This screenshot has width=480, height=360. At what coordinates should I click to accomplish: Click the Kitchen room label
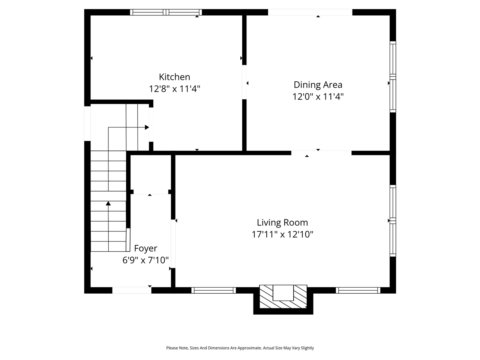tap(174, 77)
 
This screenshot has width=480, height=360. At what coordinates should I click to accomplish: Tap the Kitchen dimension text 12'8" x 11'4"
tap(174, 89)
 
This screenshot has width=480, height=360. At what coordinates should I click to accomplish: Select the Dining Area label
tap(318, 85)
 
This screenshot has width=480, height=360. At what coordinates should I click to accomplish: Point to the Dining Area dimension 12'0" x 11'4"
tap(318, 97)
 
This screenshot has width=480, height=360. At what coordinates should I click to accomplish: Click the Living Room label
tap(282, 222)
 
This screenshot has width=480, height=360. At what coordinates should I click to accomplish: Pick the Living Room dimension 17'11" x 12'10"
tap(282, 234)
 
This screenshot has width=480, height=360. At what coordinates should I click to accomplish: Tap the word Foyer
tap(145, 248)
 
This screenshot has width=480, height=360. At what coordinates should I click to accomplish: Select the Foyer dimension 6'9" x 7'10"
tap(145, 260)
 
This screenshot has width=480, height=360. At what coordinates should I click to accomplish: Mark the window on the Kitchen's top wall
tap(166, 12)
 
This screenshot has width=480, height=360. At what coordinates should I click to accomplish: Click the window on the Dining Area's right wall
tap(393, 76)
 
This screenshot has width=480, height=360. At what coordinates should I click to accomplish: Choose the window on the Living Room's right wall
tap(393, 220)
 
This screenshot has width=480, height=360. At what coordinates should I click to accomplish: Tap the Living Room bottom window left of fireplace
tap(213, 290)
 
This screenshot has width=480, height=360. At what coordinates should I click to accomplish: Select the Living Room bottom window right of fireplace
tap(358, 290)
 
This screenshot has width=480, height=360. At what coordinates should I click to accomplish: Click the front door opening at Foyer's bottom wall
tap(132, 290)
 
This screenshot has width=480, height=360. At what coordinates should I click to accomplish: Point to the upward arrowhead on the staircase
tap(108, 204)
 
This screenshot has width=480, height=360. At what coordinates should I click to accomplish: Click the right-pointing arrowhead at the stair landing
tap(147, 127)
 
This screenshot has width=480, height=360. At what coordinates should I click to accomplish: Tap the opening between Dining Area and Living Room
tap(321, 153)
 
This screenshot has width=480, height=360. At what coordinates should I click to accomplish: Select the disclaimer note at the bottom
tap(240, 348)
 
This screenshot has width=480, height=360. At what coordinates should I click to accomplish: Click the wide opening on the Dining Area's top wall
tap(310, 12)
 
